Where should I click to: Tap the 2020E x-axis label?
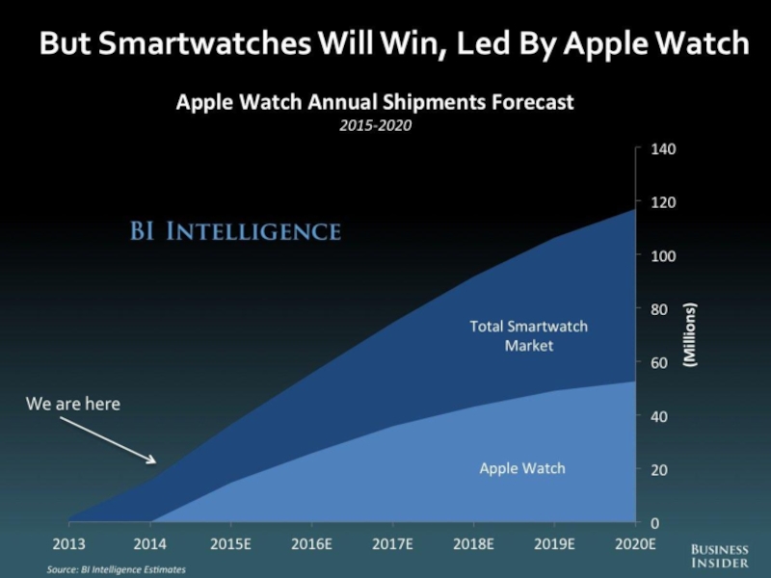point(634,544)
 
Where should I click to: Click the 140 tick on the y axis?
point(666,149)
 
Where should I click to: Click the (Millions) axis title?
point(691,334)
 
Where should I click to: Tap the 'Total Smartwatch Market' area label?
point(528,335)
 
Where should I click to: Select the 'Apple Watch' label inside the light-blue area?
point(522,469)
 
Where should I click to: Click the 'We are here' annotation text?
point(73,405)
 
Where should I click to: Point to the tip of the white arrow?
point(155,460)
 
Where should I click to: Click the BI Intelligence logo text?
point(235,231)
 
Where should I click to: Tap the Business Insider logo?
point(719,555)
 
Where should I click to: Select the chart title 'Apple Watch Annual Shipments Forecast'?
point(375,102)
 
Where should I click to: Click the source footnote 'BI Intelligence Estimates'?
point(117,570)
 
